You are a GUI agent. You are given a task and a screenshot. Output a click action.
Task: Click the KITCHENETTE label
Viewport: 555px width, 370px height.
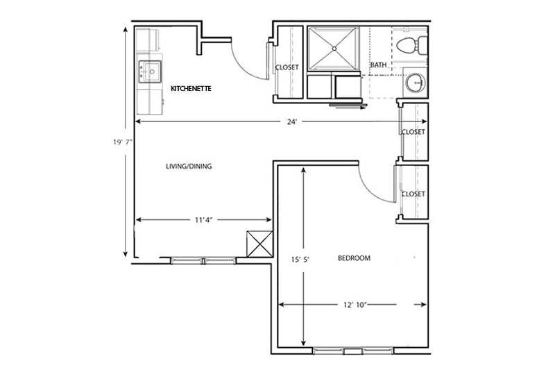191,89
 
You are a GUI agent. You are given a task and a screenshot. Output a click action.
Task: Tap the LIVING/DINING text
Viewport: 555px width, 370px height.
189,166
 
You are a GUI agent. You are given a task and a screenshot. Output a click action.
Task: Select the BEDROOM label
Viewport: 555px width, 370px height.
354,258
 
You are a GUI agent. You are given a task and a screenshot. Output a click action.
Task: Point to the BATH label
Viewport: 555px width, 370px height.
378,65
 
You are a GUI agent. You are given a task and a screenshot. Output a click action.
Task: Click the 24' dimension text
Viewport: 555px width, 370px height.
291,121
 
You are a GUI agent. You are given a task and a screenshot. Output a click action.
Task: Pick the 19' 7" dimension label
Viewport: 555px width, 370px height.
123,142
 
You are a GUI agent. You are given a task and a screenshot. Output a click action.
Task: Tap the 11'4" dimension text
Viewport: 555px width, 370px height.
203,220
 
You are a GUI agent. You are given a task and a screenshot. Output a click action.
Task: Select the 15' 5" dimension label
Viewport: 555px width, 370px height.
300,260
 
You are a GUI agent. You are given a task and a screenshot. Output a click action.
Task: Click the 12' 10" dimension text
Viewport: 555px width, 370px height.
355,305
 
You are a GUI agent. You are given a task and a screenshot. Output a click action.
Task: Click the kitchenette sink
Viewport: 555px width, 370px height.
150,72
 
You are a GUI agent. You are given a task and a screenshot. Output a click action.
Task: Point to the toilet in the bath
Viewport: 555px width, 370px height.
411,45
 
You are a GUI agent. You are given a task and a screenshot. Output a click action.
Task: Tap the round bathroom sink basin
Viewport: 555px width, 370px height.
415,83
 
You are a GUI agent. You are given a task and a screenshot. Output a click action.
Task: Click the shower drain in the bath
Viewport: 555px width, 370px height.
334,49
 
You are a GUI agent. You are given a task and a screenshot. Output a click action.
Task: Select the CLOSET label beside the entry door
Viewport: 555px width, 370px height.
287,67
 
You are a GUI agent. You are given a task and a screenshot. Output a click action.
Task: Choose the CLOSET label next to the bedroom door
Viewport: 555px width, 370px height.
413,194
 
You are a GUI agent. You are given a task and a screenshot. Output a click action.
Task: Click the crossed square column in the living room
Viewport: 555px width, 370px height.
259,244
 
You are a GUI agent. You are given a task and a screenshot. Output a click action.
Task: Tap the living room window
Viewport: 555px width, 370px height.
203,261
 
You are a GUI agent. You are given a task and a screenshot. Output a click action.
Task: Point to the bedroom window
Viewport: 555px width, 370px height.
353,351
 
